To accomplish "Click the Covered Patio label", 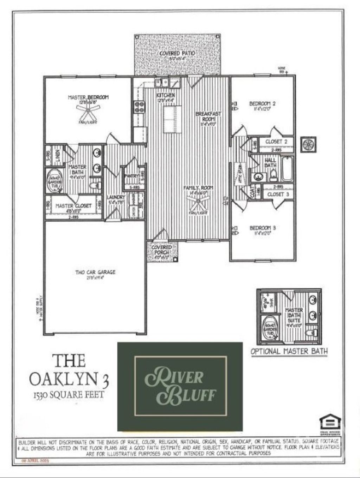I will pos(177,53).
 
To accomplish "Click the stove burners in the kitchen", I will pos(140,106).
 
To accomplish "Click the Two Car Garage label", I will pos(95,272).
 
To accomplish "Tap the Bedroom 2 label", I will pos(262,104).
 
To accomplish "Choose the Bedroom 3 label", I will pos(262,228).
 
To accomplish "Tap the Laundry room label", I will pos(116,198).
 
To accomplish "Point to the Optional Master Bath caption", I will pos(289,351).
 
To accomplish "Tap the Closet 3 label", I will pos(278,194).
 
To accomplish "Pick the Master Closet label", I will pos(74,206).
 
